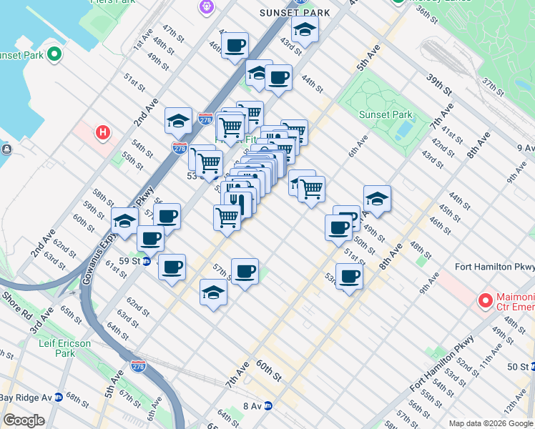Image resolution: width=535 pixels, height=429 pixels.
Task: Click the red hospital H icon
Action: coord(104,132)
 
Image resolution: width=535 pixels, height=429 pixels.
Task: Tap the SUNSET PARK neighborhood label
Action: coord(295,13)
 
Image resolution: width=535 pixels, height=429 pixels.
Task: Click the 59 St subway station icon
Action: coord(146,262)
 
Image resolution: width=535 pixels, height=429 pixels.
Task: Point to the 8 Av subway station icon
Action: coord(268,405)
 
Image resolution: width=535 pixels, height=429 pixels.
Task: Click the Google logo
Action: coord(24,421)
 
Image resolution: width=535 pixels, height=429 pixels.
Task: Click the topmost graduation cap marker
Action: coord(305,31)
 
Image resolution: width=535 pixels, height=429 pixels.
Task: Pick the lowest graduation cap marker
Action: coord(213,293)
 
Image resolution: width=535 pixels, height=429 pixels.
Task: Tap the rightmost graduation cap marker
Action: coord(377,198)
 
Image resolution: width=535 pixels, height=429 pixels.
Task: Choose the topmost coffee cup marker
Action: coord(235,46)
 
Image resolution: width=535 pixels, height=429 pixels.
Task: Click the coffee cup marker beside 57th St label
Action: coord(245,271)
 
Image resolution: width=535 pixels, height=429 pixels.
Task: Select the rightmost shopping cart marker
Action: coord(312,189)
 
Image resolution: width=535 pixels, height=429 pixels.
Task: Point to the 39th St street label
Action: coord(440,85)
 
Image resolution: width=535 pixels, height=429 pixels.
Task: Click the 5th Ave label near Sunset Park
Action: coord(366,56)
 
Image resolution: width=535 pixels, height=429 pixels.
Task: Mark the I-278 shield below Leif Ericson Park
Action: coord(139,367)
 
